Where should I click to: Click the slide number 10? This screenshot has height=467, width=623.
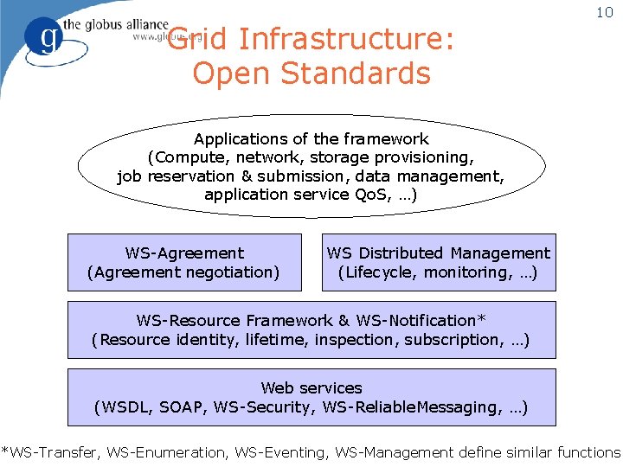click(x=604, y=13)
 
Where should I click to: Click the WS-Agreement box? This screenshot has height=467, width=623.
click(x=184, y=262)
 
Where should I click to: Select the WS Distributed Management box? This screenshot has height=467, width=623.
click(x=439, y=262)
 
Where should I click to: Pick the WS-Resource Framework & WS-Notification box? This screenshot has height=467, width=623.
click(x=311, y=329)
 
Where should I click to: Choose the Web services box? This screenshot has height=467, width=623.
click(x=311, y=397)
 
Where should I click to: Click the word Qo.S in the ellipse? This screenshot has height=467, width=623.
click(x=373, y=195)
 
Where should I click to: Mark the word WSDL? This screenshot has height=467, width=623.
click(x=125, y=407)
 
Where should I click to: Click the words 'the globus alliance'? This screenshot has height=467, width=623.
click(x=118, y=24)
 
